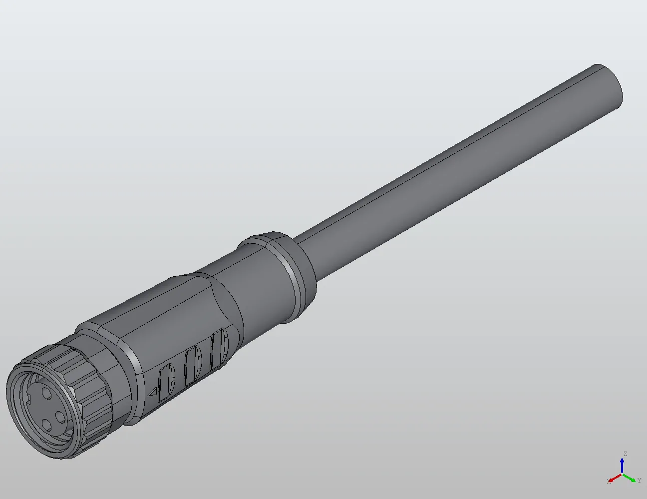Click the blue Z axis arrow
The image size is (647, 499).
click(622, 466)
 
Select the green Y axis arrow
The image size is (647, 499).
click(630, 478)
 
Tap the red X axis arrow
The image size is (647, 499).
click(615, 478)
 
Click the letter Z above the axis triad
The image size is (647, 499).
click(625, 454)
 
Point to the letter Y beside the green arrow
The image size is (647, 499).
click(639, 480)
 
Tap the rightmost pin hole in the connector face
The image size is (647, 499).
click(60, 417)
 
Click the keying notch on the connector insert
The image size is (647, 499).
click(28, 399)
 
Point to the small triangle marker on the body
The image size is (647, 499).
click(153, 392)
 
